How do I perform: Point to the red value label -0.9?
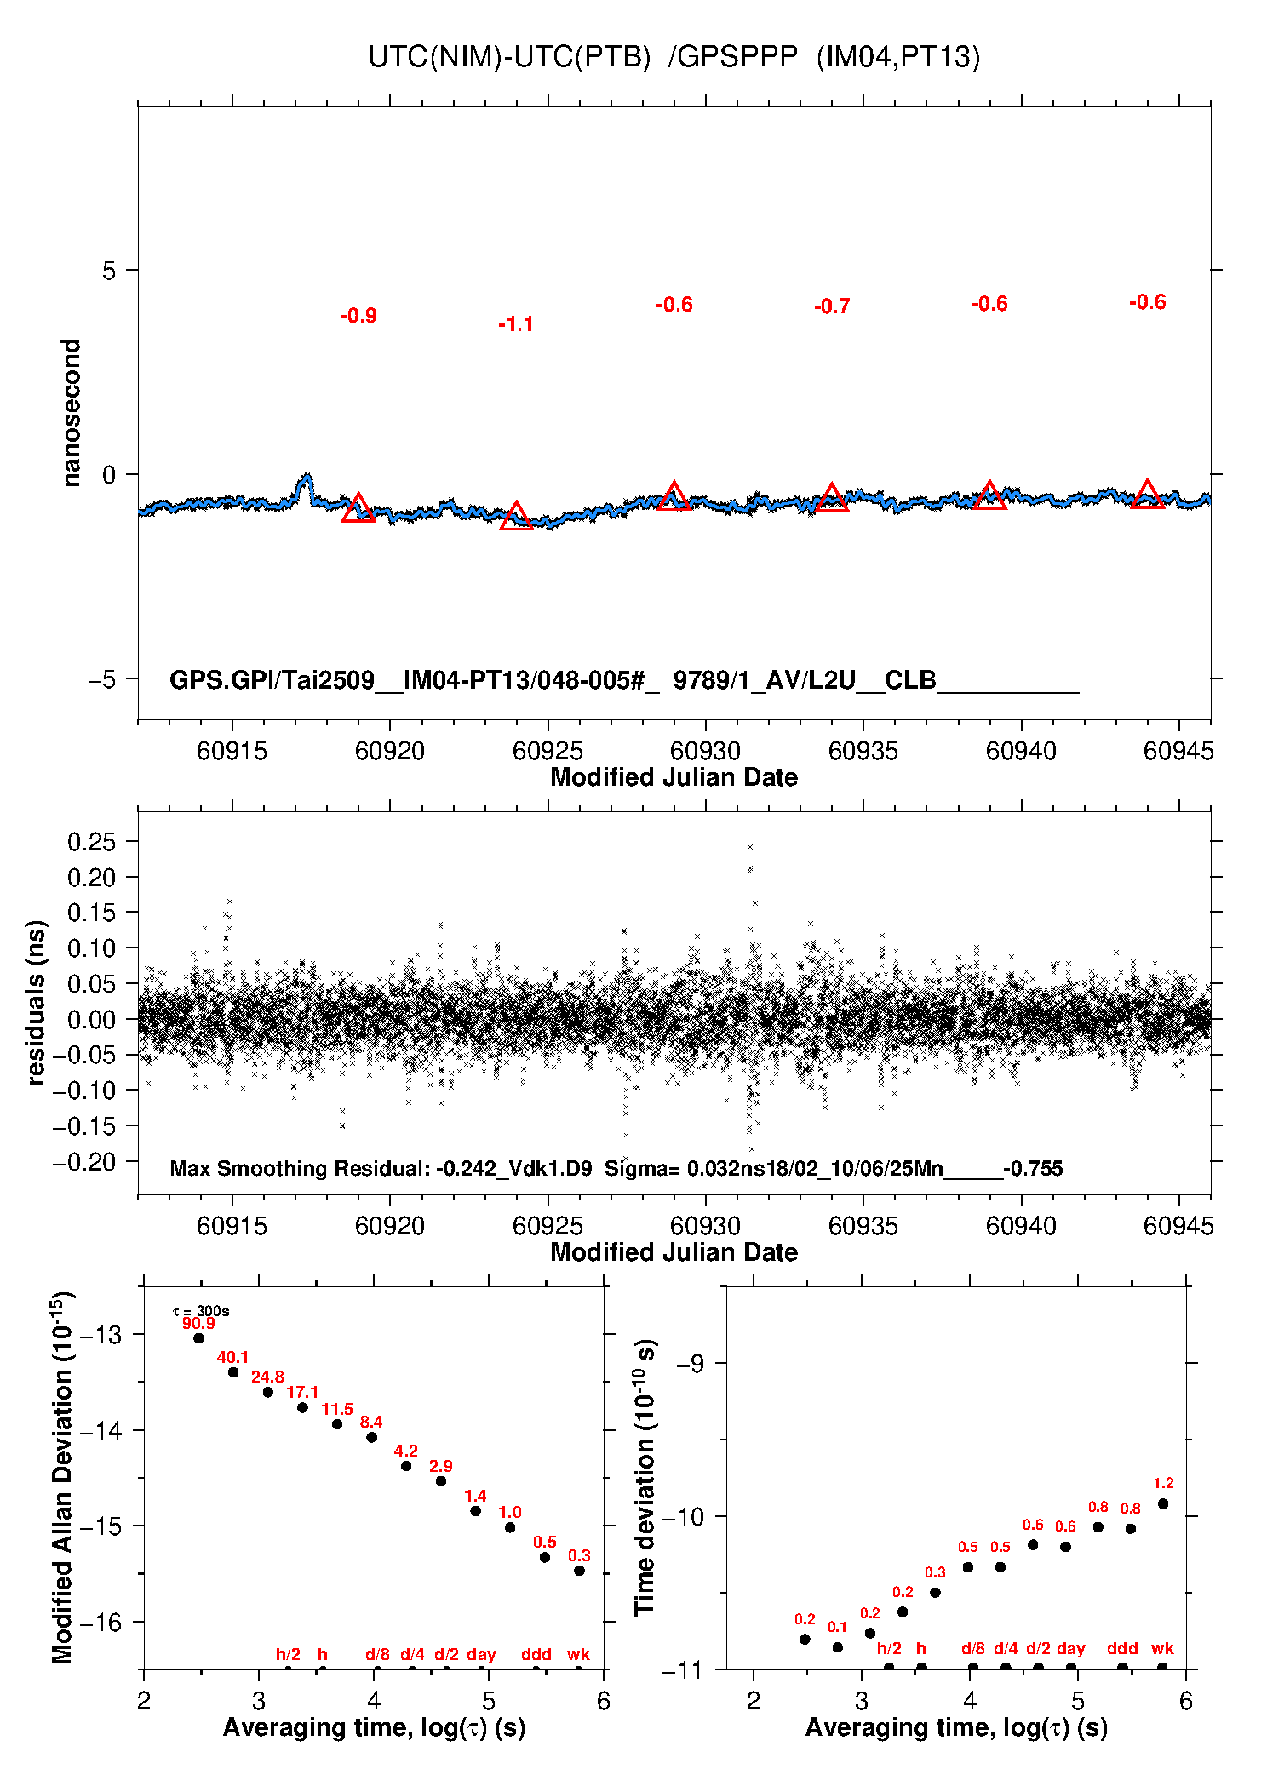pyautogui.click(x=358, y=316)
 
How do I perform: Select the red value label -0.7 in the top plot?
pyautogui.click(x=832, y=306)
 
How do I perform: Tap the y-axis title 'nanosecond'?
pyautogui.click(x=72, y=413)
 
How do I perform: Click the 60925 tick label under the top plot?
pyautogui.click(x=548, y=751)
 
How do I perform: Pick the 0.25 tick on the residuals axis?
pyautogui.click(x=91, y=842)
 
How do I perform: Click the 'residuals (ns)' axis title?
pyautogui.click(x=36, y=1002)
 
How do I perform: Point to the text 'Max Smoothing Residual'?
pyautogui.click(x=298, y=1168)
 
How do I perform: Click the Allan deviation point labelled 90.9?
pyautogui.click(x=198, y=1338)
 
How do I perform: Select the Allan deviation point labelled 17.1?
pyautogui.click(x=302, y=1408)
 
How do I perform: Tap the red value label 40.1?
pyautogui.click(x=232, y=1358)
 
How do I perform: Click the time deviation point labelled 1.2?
pyautogui.click(x=1163, y=1504)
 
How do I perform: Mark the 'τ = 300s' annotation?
pyautogui.click(x=201, y=1311)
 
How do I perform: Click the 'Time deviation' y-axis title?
pyautogui.click(x=645, y=1477)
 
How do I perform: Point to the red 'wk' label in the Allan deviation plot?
pyautogui.click(x=578, y=1654)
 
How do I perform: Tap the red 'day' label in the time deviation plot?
pyautogui.click(x=1070, y=1648)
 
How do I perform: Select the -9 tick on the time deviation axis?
pyautogui.click(x=690, y=1364)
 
